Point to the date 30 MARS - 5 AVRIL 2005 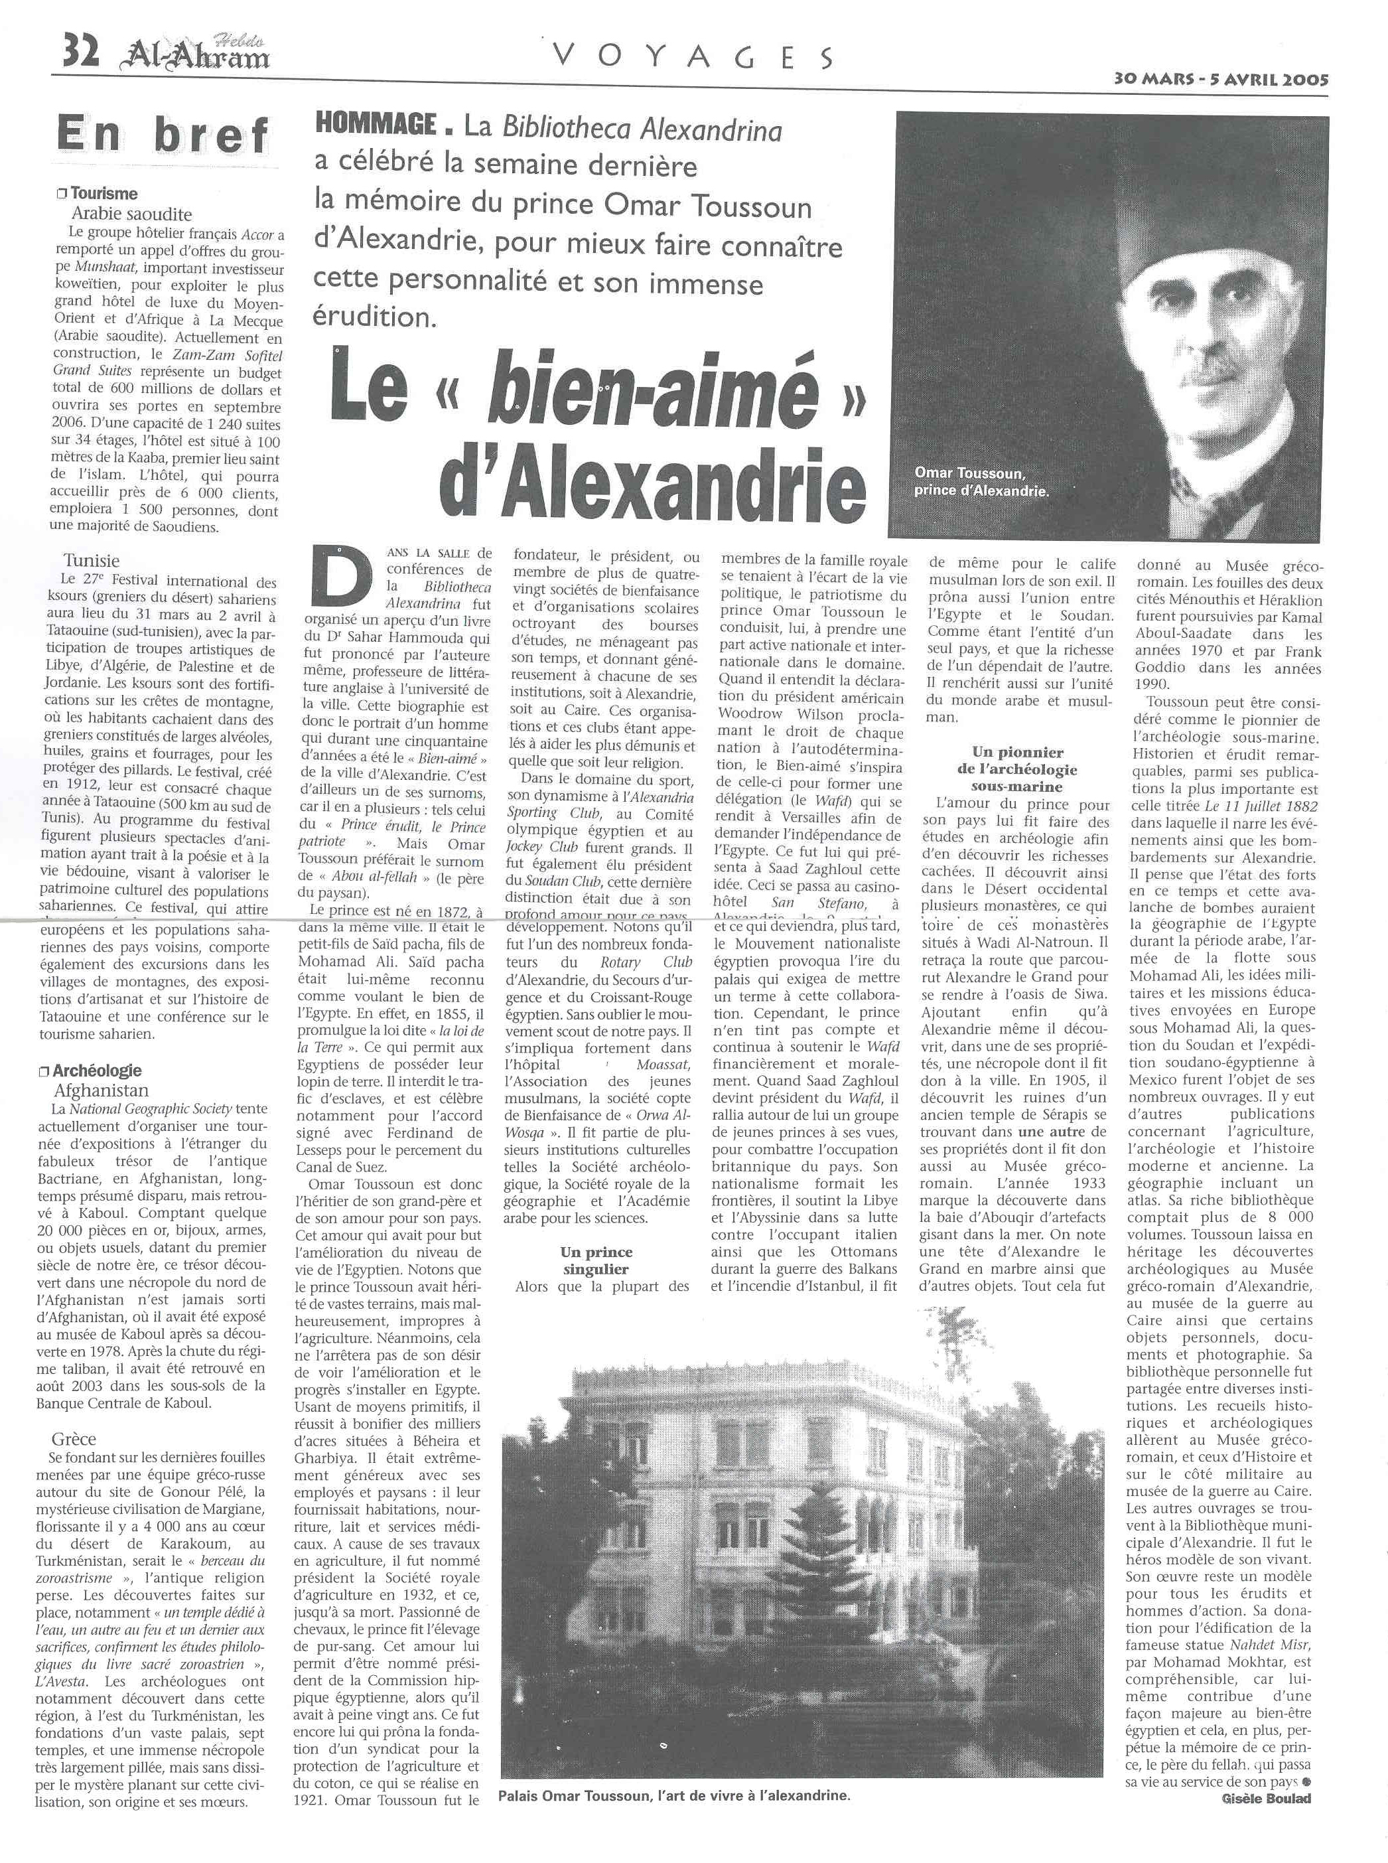pyautogui.click(x=1221, y=79)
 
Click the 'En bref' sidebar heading pyautogui.click(x=163, y=135)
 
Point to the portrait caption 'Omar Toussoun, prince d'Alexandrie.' pyautogui.click(x=981, y=483)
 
